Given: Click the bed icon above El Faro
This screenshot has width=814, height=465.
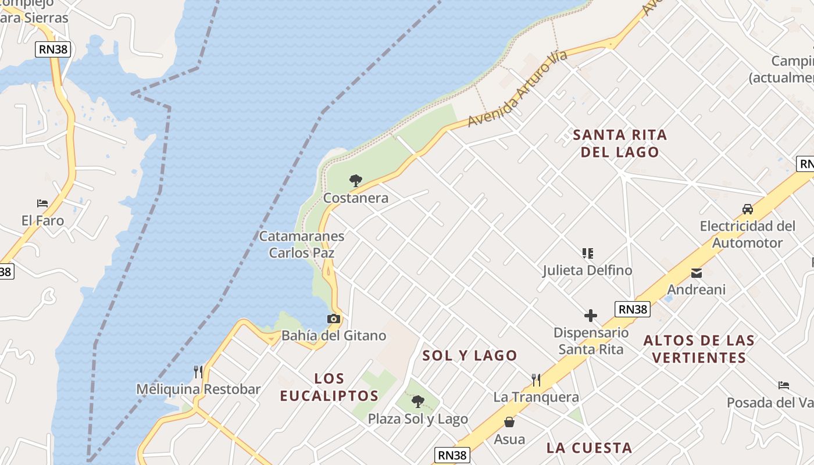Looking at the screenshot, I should point(42,203).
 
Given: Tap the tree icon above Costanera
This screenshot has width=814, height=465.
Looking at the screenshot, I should point(356,180).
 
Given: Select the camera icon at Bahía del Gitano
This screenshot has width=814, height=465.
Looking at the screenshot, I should point(333,319).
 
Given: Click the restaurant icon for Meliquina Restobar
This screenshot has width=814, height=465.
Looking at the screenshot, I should point(198,371).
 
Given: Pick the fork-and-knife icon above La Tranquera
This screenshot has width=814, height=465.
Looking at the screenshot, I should point(536,380).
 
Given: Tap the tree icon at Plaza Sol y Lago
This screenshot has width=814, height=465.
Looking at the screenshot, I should point(417,401).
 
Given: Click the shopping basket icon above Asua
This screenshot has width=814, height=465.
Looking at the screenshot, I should point(509,422).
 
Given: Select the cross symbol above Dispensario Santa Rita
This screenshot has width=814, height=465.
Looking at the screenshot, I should point(591,316).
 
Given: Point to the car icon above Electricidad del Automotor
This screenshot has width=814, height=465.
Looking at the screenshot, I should point(748,209).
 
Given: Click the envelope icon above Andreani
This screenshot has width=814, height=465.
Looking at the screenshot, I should point(696,273).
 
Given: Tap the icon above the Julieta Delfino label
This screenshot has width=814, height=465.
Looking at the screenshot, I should point(587,253).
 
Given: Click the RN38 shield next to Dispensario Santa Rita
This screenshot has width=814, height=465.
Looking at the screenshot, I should point(633,309).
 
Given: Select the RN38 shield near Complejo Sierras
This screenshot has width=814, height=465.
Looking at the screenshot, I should point(53,49).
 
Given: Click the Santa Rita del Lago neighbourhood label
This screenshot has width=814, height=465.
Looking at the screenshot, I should point(620,144).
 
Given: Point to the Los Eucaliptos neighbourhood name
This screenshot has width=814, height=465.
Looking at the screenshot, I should point(329,387).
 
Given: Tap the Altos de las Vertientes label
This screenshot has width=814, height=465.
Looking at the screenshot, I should point(699,349).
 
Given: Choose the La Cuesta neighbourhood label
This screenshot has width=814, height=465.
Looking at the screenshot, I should point(589,448).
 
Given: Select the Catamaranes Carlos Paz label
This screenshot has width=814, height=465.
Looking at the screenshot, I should point(302,245).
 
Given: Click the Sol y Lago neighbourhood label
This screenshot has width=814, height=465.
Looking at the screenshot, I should point(470,356).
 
